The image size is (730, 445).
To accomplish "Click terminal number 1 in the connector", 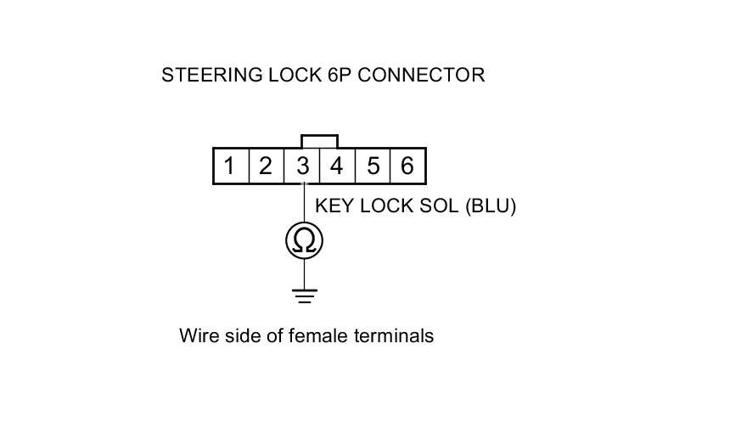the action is point(229,166).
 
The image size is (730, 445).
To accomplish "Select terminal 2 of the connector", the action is point(266,166).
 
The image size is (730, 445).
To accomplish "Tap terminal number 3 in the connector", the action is point(302,166).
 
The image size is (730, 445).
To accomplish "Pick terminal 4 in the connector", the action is point(337,166).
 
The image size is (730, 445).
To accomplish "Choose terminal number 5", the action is point(373,166).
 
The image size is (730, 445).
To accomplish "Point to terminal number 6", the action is point(407,166).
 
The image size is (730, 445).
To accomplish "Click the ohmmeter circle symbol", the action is point(304,242).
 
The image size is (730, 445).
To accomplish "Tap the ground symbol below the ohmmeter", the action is point(304,296).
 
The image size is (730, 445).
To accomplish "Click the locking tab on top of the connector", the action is point(319,141).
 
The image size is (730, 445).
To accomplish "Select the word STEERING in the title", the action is point(205,75).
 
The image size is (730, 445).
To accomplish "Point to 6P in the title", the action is point(337,75).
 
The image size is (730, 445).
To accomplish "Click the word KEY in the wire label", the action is point(332,206).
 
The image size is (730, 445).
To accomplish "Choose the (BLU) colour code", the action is point(491,206).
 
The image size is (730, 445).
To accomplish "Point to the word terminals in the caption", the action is point(393,335).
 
